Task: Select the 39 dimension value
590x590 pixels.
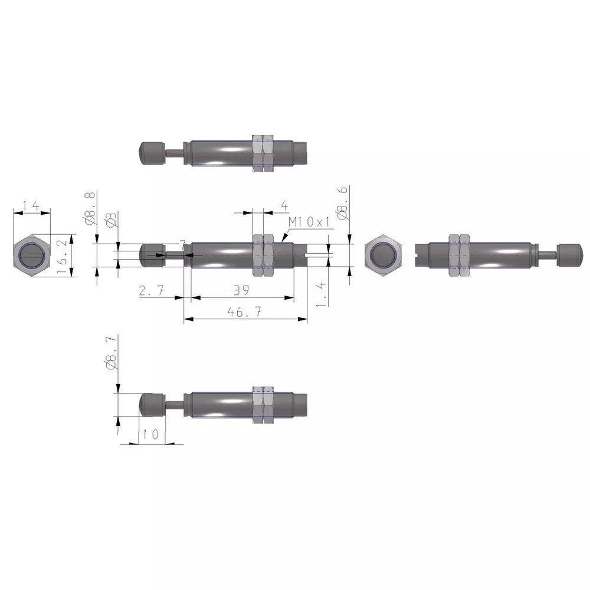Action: click(240, 290)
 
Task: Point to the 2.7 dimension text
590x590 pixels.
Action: click(153, 290)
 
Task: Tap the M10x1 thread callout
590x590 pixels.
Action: click(311, 222)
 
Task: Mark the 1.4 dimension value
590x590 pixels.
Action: click(320, 294)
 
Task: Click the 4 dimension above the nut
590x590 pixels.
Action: click(284, 205)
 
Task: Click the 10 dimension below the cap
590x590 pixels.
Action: click(151, 434)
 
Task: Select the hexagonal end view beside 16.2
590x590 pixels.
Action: click(31, 255)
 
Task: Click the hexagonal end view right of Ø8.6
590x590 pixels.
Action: click(383, 255)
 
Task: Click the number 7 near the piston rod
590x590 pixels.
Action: click(182, 244)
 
